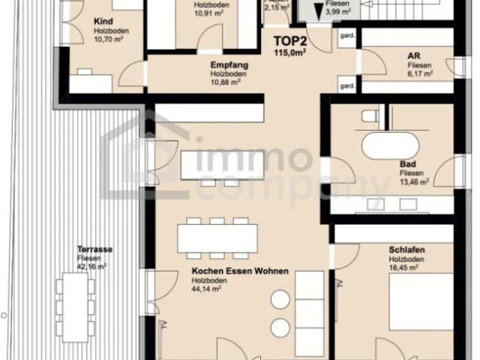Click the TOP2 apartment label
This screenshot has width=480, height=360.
pyautogui.click(x=290, y=43)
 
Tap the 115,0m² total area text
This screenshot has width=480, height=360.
pyautogui.click(x=290, y=53)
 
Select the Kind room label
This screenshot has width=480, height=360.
pyautogui.click(x=103, y=22)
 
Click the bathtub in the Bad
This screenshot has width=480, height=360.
pyautogui.click(x=391, y=145)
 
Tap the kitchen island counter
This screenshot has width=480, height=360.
pyautogui.click(x=222, y=163)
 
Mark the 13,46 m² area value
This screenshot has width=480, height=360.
pyautogui.click(x=414, y=181)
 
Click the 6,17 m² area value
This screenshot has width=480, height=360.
pyautogui.click(x=418, y=74)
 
